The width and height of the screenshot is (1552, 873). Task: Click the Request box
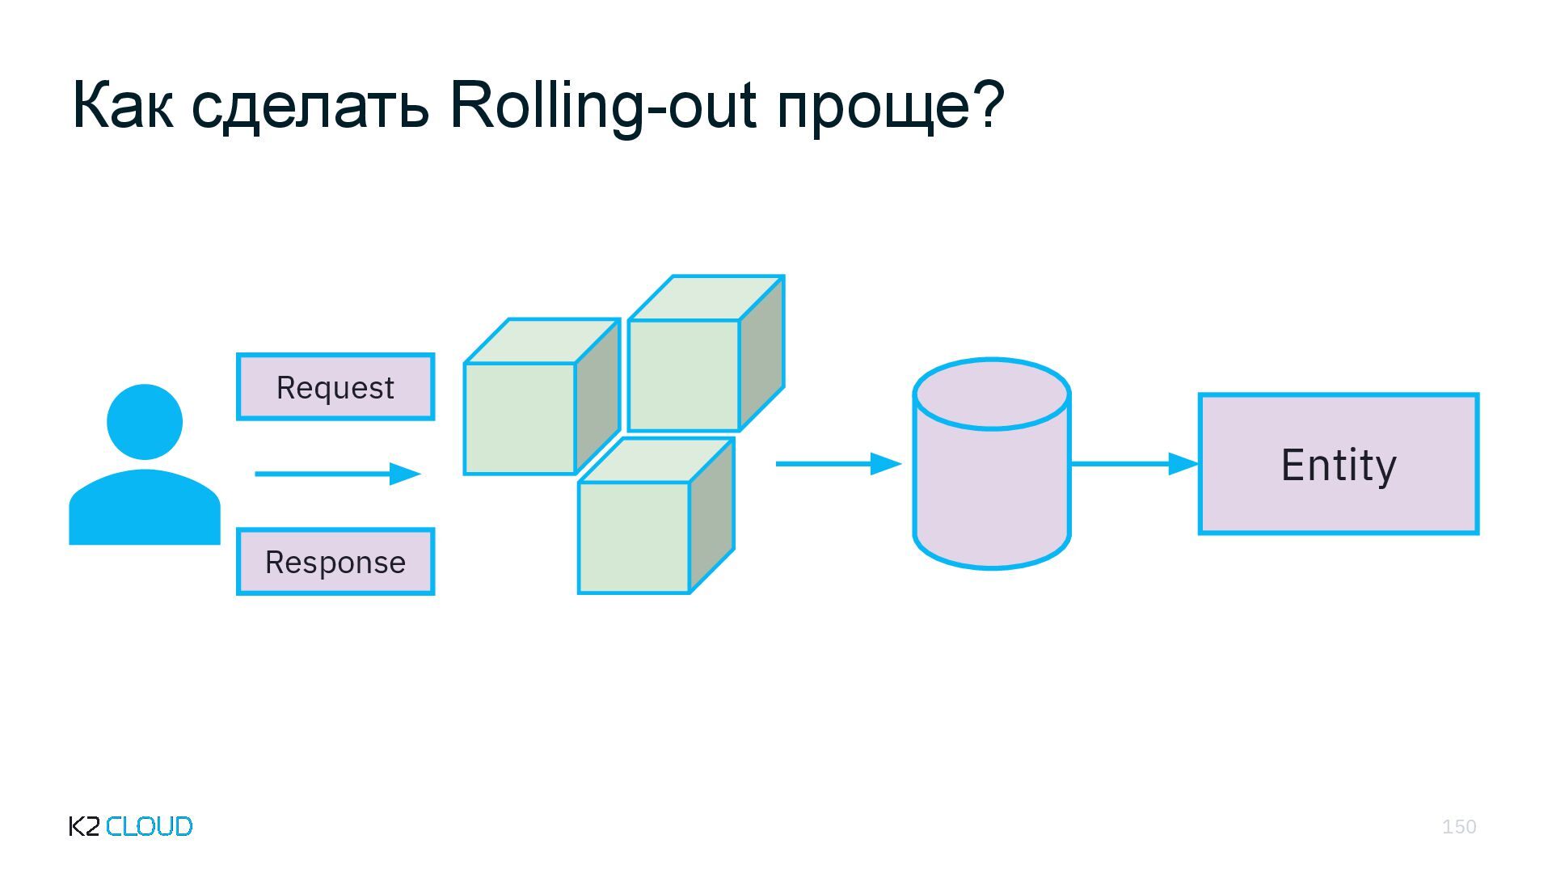(335, 387)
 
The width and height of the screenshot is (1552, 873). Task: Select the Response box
(335, 562)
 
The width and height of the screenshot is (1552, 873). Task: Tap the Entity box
(1339, 464)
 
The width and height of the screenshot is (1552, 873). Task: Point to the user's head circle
(145, 422)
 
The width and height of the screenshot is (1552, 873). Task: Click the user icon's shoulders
(145, 509)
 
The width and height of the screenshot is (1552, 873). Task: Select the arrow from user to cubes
(338, 474)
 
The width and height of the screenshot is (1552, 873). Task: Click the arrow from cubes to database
(838, 464)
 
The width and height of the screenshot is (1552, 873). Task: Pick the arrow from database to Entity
(1134, 464)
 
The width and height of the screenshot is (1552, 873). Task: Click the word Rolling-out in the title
(603, 105)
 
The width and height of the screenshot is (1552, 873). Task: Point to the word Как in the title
(123, 105)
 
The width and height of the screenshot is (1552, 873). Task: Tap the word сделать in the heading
(310, 105)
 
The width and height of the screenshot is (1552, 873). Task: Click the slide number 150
(1459, 827)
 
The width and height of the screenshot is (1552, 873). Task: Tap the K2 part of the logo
(85, 826)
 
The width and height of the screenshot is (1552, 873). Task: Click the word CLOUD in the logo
(150, 826)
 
